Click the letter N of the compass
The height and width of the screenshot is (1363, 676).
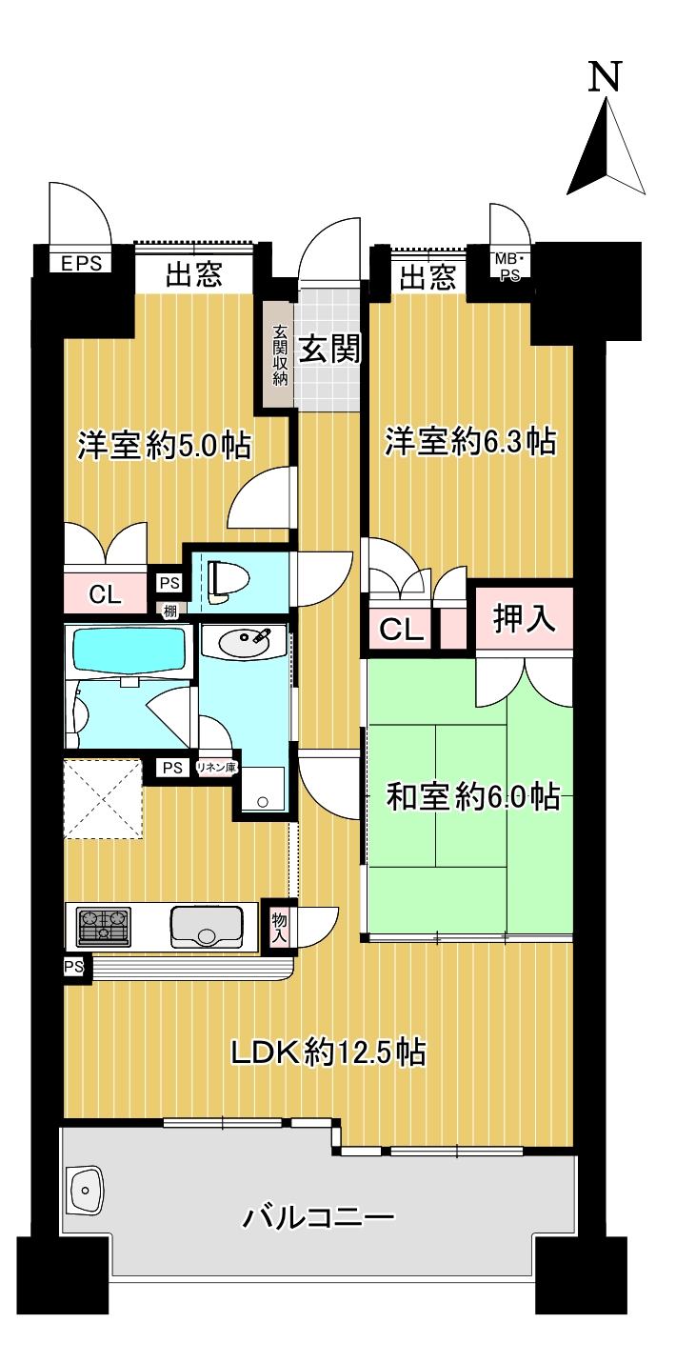click(605, 76)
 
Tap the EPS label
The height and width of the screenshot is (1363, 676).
click(82, 264)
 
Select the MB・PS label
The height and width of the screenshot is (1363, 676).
click(510, 267)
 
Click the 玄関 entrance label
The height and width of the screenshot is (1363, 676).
click(329, 349)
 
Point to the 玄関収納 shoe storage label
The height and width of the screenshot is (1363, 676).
click(279, 355)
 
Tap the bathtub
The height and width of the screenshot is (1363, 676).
click(129, 651)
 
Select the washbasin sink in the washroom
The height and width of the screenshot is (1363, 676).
click(244, 641)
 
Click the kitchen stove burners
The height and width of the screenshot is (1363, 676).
click(104, 926)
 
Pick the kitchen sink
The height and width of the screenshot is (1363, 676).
click(207, 927)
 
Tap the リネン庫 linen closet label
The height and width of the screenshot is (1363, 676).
click(216, 768)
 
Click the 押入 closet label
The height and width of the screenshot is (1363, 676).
click(524, 619)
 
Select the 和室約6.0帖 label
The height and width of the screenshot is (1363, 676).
click(473, 796)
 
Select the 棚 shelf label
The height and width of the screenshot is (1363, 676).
click(170, 611)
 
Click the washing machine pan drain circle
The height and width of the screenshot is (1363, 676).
click(262, 802)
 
